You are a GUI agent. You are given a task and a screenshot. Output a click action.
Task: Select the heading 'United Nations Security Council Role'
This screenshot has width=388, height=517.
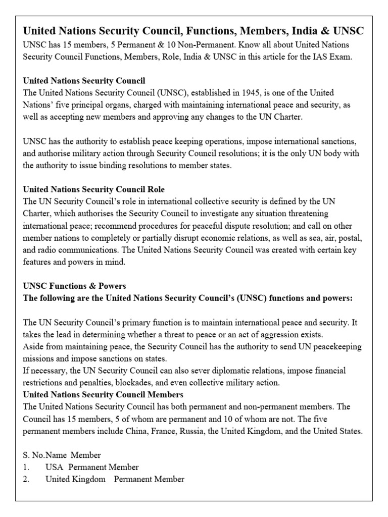[x=93, y=189]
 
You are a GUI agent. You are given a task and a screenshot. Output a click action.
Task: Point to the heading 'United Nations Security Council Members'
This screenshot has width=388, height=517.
[x=103, y=394]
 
